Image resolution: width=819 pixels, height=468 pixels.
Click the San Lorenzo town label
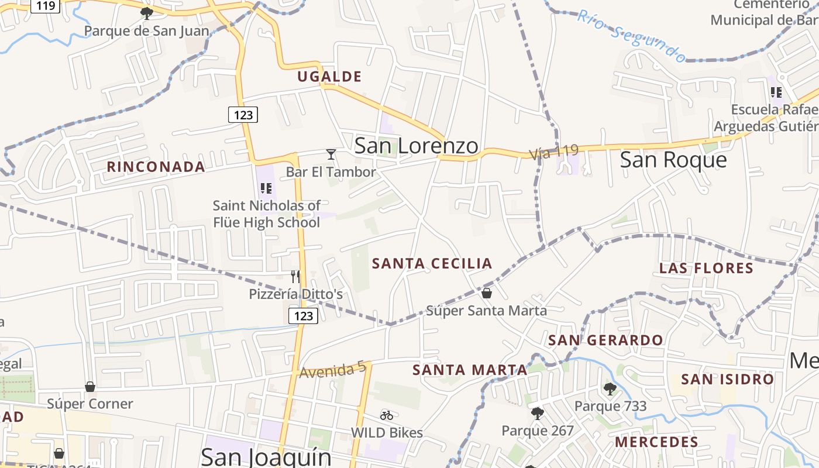[x=416, y=146]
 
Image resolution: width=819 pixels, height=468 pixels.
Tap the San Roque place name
[x=673, y=159]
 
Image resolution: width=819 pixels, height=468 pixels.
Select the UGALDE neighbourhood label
[x=329, y=77]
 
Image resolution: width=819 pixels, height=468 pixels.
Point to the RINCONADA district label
[x=156, y=167]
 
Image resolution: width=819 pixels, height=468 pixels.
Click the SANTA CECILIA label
[x=432, y=263]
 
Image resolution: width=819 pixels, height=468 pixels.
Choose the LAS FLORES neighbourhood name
[x=706, y=269]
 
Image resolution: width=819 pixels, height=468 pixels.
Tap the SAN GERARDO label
[x=605, y=340]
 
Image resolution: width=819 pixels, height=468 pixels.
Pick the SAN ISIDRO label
[x=728, y=379]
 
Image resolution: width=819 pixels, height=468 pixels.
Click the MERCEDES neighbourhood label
[x=656, y=442]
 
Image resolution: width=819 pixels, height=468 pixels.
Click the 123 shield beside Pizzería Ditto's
[x=304, y=316]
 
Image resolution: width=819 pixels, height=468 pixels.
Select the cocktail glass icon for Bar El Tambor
[x=331, y=154]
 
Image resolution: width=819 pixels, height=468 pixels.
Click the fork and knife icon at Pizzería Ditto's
[x=295, y=276]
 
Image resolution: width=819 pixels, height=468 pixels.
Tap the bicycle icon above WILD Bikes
[x=387, y=415]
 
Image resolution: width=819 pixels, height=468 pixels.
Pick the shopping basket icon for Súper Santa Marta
[x=486, y=292]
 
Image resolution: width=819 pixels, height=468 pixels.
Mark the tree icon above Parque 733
[x=610, y=388]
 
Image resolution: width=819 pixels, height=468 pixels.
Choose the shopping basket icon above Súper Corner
[x=90, y=387]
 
